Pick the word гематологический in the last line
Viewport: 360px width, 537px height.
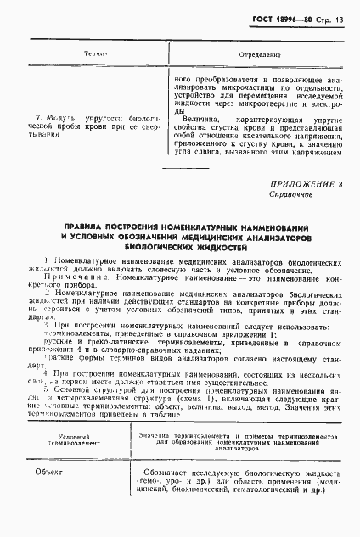pos(267,514)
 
